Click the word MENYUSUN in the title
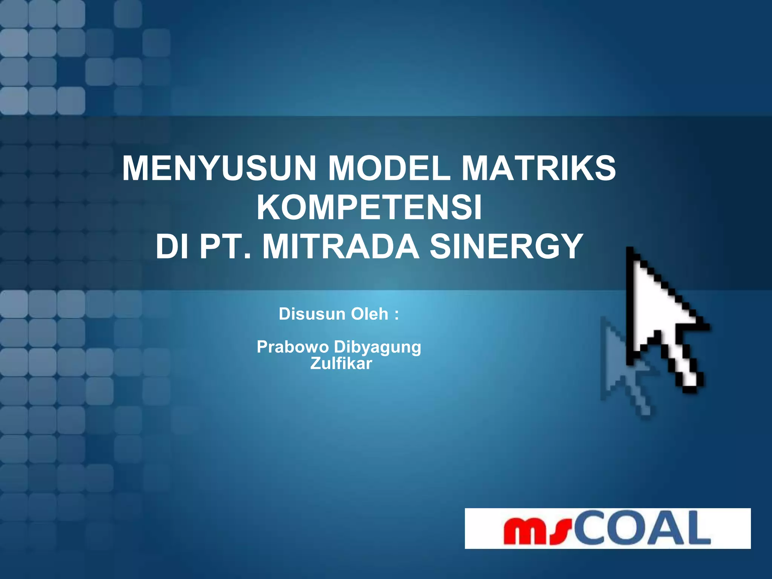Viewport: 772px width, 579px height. [x=219, y=168]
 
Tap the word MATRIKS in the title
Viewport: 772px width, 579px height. [x=539, y=168]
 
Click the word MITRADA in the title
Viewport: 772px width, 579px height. [x=341, y=247]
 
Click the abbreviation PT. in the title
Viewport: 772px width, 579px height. [x=225, y=247]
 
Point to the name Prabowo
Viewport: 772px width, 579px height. [x=293, y=347]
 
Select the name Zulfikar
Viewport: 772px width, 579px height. [x=341, y=363]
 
